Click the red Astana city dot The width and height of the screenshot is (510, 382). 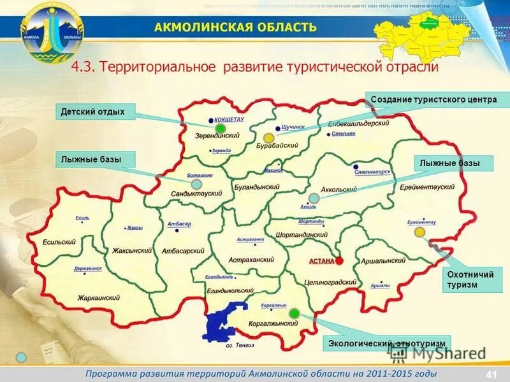point(340,260)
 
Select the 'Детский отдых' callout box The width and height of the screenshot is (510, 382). point(92,112)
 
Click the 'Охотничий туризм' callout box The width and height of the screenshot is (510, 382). point(471,280)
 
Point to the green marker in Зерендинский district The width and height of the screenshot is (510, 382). point(220,129)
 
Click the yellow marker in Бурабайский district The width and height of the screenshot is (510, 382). point(268,138)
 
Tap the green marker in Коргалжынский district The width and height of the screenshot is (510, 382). point(294,313)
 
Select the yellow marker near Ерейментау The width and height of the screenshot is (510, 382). point(419,232)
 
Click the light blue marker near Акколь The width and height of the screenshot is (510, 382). point(314,199)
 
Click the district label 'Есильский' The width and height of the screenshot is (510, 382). point(59,242)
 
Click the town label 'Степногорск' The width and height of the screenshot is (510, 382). point(371,172)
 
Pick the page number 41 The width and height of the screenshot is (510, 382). point(491,373)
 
